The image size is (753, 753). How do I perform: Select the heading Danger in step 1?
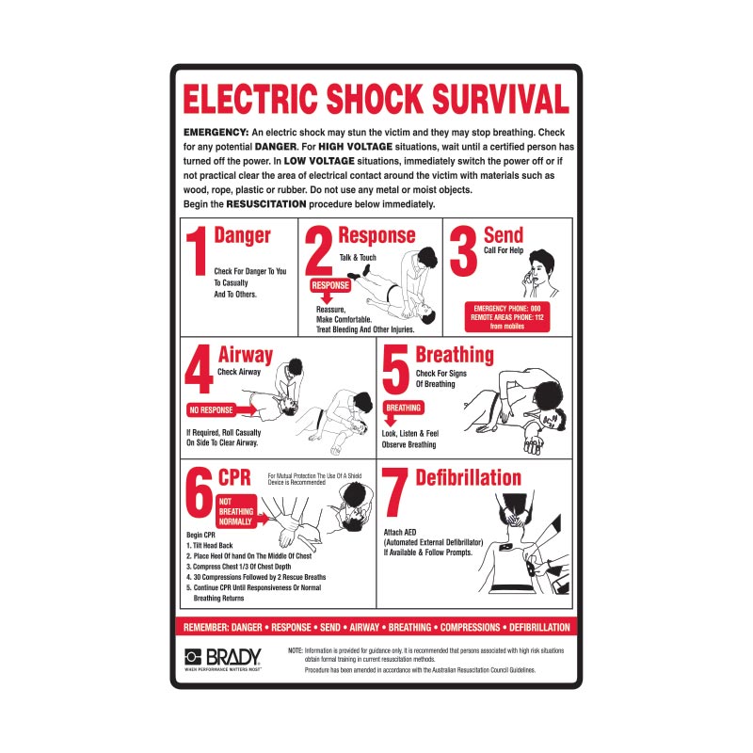[x=242, y=235]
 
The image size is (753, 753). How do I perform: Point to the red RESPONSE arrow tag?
[x=329, y=286]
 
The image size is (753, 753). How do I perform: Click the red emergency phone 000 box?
[x=507, y=317]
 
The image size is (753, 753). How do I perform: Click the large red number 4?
[x=199, y=374]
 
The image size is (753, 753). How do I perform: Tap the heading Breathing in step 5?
[x=455, y=355]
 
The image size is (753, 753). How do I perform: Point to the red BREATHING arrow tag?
[x=403, y=409]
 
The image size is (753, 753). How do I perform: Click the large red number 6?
[x=199, y=495]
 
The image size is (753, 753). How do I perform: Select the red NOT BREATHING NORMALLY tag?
[x=237, y=512]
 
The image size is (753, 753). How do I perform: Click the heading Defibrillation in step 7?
[x=468, y=476]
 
